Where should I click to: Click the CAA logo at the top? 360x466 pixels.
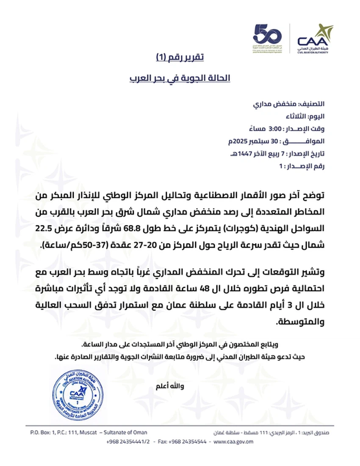(x=315, y=39)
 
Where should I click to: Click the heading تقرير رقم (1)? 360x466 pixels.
(x=180, y=57)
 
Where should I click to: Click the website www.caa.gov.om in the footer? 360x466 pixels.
(x=233, y=441)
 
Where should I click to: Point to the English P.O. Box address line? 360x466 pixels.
(x=89, y=432)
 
